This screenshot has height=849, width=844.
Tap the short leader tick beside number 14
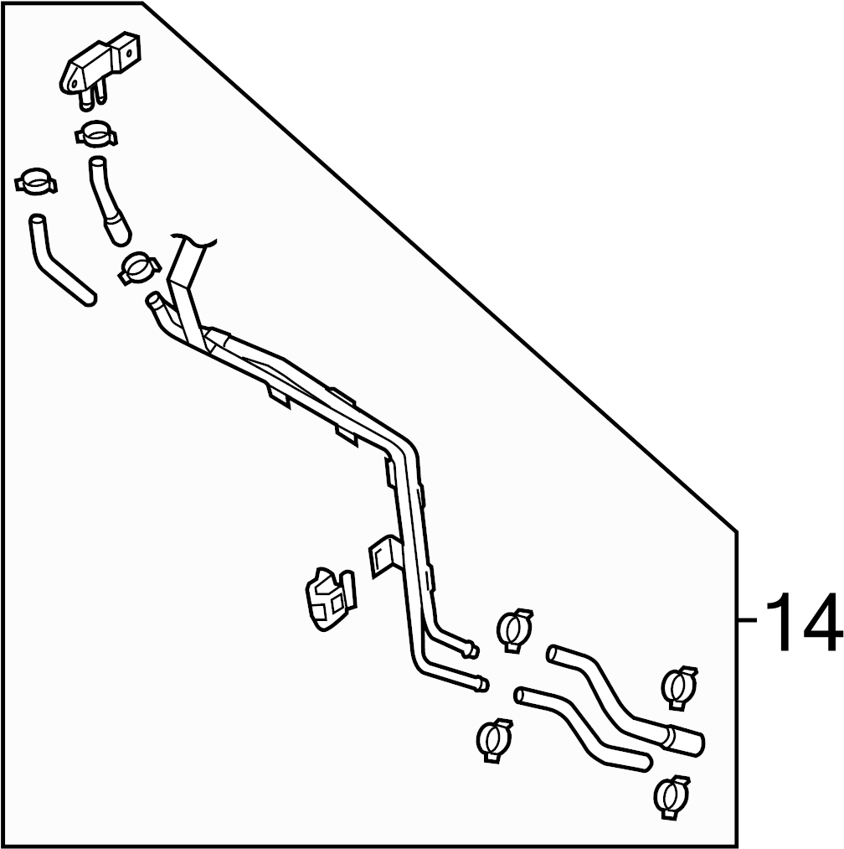click(748, 621)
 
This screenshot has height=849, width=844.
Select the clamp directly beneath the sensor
click(97, 134)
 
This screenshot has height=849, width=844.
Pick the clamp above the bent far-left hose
click(35, 181)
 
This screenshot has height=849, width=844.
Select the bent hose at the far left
click(59, 261)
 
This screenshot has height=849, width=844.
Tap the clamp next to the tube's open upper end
click(138, 268)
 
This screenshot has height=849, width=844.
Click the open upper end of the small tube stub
click(153, 300)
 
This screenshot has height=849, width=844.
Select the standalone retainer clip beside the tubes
click(327, 597)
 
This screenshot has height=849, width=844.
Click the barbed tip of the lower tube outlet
click(481, 685)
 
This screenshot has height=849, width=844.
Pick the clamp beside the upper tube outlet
click(515, 629)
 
